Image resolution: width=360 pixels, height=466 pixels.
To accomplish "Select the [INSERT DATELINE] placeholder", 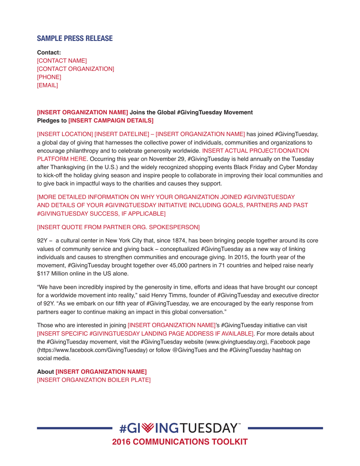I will (x=122, y=133).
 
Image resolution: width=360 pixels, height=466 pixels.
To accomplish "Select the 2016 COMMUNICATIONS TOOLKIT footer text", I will (x=180, y=442).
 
